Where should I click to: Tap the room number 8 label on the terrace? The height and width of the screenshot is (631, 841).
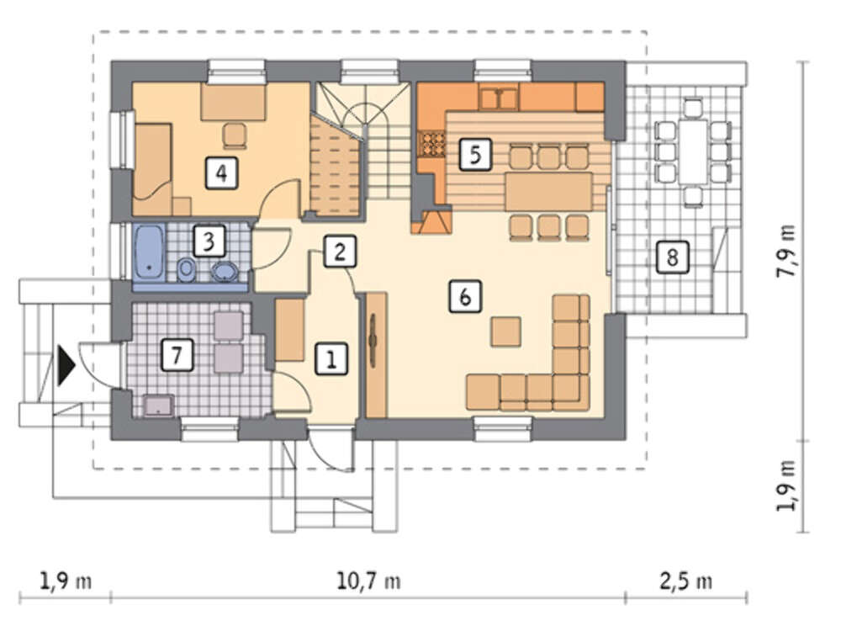672,257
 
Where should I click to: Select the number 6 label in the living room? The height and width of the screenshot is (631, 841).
465,296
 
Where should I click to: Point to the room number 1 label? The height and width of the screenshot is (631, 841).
331,359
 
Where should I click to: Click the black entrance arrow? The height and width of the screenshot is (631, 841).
66,366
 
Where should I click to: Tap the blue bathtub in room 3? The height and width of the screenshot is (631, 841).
149,252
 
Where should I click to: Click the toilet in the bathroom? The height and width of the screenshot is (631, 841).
186,269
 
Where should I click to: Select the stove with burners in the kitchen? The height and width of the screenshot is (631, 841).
432,144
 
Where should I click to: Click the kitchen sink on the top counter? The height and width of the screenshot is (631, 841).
499,98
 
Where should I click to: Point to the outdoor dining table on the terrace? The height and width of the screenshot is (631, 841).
693,151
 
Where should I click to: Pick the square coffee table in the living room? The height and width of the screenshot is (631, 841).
505,331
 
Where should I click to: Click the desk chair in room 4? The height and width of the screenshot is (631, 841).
235,135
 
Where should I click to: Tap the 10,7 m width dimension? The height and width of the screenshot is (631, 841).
368,581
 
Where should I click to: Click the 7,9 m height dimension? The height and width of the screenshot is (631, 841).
786,251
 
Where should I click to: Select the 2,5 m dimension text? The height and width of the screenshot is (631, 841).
686,581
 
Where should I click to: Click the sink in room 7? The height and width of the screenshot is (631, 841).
158,406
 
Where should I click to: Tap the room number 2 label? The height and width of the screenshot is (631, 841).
339,252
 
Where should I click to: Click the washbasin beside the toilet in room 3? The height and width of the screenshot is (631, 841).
225,272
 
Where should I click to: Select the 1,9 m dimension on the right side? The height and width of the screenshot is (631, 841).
786,485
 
